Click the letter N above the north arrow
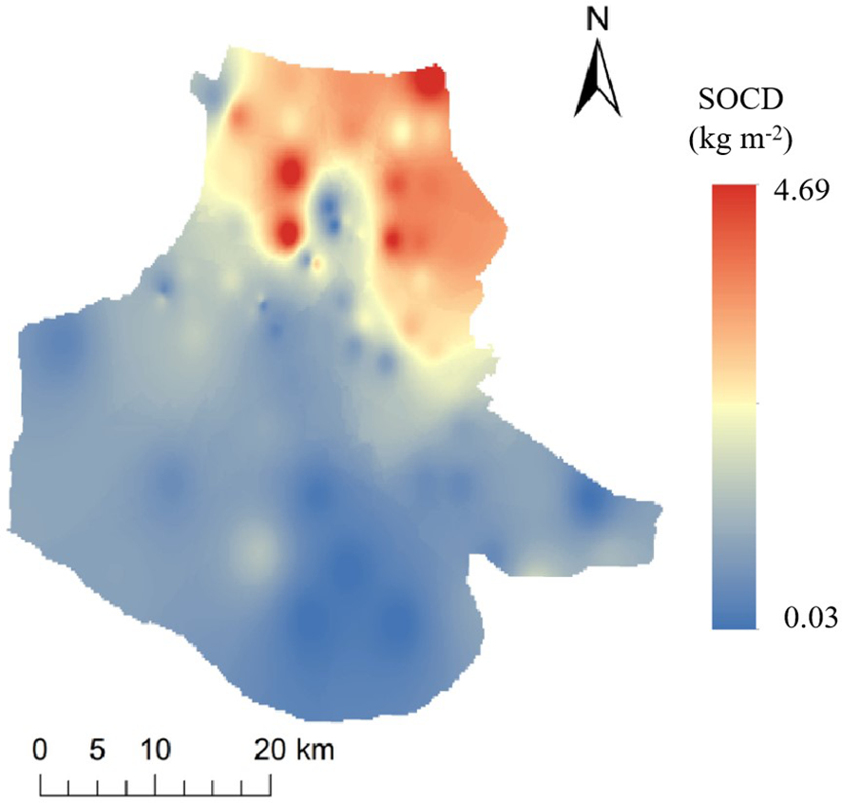(x=599, y=20)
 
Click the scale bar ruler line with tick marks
(x=156, y=785)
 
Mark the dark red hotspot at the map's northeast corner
(x=430, y=83)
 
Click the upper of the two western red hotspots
(x=290, y=174)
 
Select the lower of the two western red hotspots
(x=286, y=230)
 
